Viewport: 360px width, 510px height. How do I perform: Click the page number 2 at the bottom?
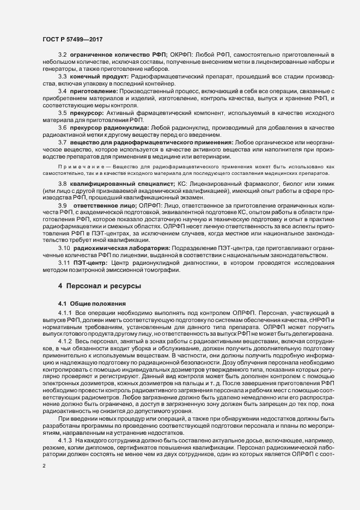pyautogui.click(x=44, y=467)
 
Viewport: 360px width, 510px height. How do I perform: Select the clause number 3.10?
pyautogui.click(x=64, y=248)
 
